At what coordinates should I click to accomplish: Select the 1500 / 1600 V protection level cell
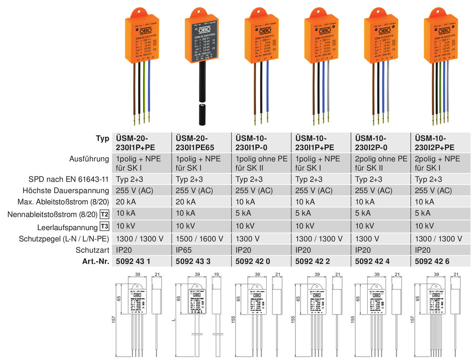[199, 239]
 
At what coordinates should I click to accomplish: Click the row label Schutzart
[93, 250]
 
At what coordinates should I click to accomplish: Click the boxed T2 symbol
[104, 214]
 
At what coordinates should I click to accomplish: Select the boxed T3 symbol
[104, 227]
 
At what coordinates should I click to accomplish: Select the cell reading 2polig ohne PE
[381, 159]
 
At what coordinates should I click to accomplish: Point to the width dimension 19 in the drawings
[216, 274]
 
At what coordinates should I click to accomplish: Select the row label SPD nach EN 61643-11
[69, 179]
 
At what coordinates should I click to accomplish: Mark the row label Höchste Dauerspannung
[68, 191]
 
